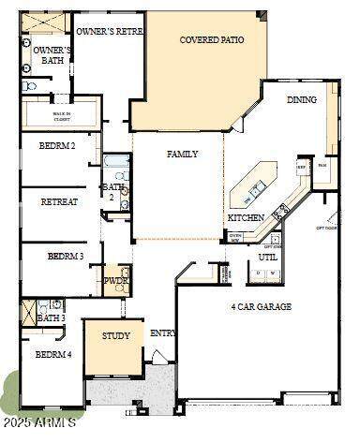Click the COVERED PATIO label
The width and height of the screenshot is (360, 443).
[x=212, y=40]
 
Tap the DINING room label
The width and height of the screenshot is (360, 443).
[x=301, y=99]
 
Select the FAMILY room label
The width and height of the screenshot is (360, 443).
[x=182, y=154]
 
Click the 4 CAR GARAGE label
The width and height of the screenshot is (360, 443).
[x=262, y=306]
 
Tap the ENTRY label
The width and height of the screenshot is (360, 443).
[x=163, y=333]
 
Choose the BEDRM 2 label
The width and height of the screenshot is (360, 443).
[x=57, y=146]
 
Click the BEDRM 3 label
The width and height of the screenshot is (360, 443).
[x=66, y=256]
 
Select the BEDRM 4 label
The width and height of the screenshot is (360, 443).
[x=53, y=354]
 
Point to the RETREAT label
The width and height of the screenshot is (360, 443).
[x=59, y=201]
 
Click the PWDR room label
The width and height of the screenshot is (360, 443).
[x=116, y=280]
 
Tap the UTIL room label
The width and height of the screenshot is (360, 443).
[x=268, y=256]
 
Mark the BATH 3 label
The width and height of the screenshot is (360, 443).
[x=52, y=318]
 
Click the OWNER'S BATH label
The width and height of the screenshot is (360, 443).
[x=52, y=56]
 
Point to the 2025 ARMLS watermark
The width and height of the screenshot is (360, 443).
[x=37, y=424]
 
